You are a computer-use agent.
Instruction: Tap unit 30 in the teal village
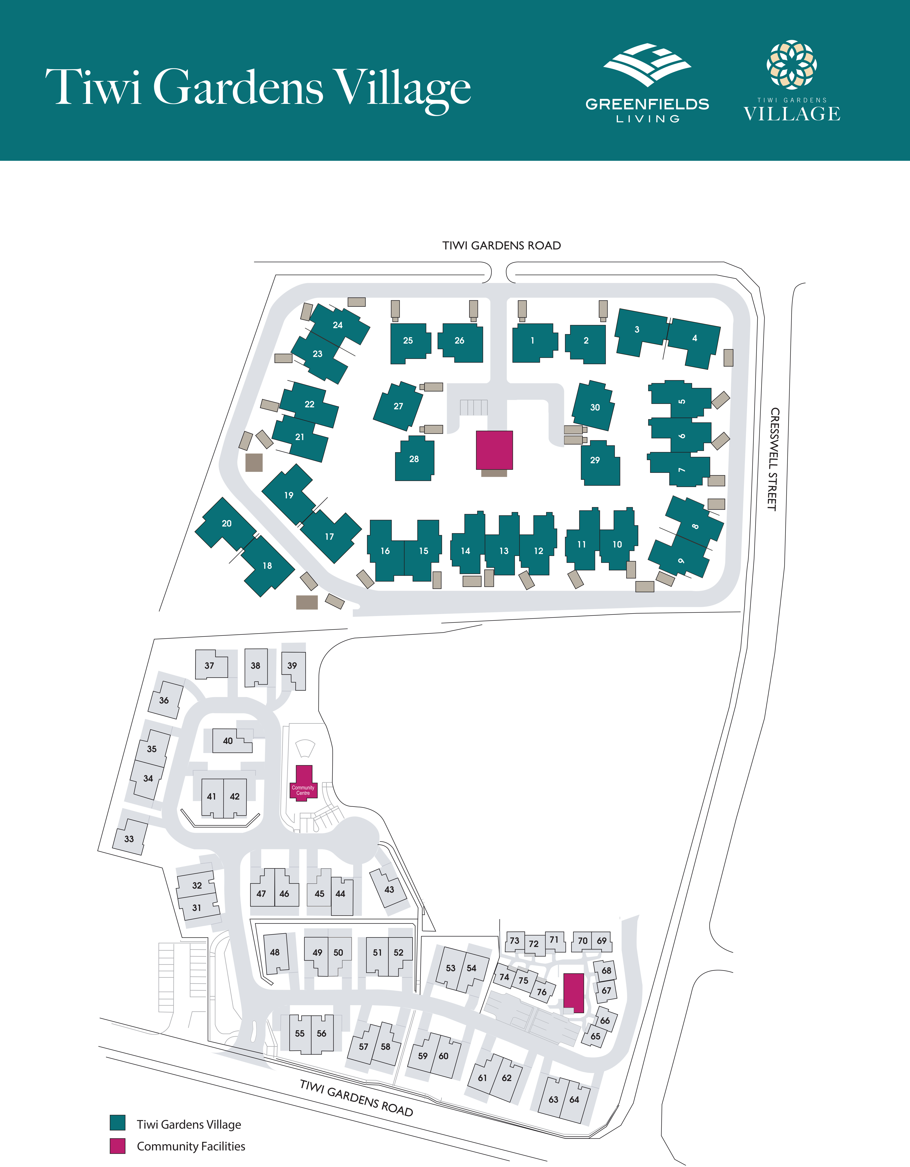click(595, 407)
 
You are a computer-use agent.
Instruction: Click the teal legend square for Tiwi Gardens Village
click(118, 1123)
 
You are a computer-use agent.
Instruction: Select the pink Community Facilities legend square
click(118, 1146)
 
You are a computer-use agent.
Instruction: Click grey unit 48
click(275, 952)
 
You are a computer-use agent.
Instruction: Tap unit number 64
click(574, 1100)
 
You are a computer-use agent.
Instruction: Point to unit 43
click(389, 889)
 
